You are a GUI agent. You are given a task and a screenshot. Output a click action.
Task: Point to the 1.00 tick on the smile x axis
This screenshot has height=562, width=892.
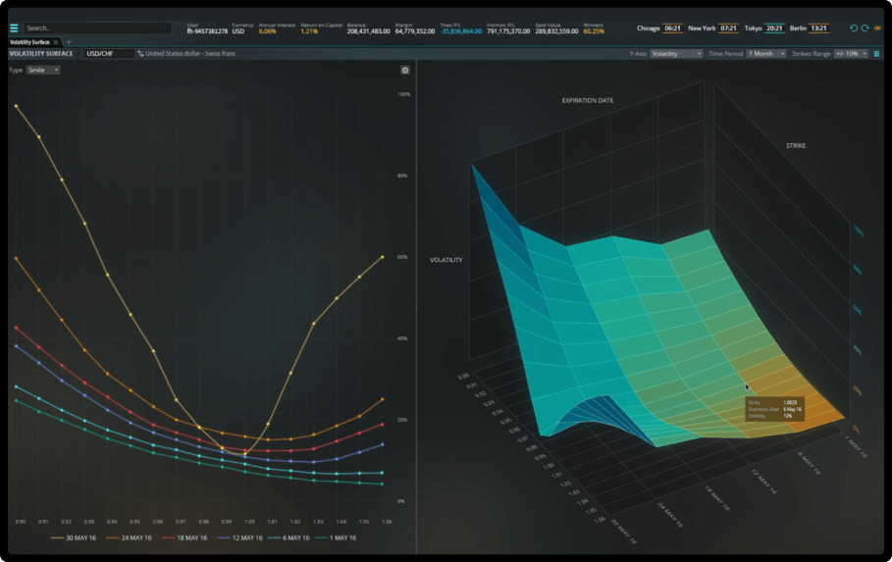pos(249,522)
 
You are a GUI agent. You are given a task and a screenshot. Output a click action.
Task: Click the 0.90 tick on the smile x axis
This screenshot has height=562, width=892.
pos(21,522)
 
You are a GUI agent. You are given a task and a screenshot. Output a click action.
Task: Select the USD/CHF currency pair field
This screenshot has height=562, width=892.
pos(107,53)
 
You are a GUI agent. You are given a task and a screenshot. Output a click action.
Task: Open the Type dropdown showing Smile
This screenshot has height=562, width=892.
pos(43,71)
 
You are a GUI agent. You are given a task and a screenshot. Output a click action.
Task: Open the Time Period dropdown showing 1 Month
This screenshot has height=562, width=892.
pos(766,53)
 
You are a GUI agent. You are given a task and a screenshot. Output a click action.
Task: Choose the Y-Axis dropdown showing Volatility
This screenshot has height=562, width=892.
pos(676,53)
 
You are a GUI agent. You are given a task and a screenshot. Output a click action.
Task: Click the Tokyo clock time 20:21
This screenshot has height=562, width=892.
pos(773,28)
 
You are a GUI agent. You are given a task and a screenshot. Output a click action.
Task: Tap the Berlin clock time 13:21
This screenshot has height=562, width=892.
pos(818,28)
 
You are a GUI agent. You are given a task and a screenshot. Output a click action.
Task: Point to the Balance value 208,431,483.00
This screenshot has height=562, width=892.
pos(368,31)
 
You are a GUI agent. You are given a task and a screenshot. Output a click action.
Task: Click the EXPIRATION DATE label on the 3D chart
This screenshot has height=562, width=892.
pos(587,100)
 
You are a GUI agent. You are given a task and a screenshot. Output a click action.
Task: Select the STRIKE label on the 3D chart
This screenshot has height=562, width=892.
pos(795,145)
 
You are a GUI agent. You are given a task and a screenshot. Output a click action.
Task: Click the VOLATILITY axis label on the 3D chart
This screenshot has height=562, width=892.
pos(446,260)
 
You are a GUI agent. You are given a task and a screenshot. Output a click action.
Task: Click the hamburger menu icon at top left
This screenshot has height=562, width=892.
pos(14,28)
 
